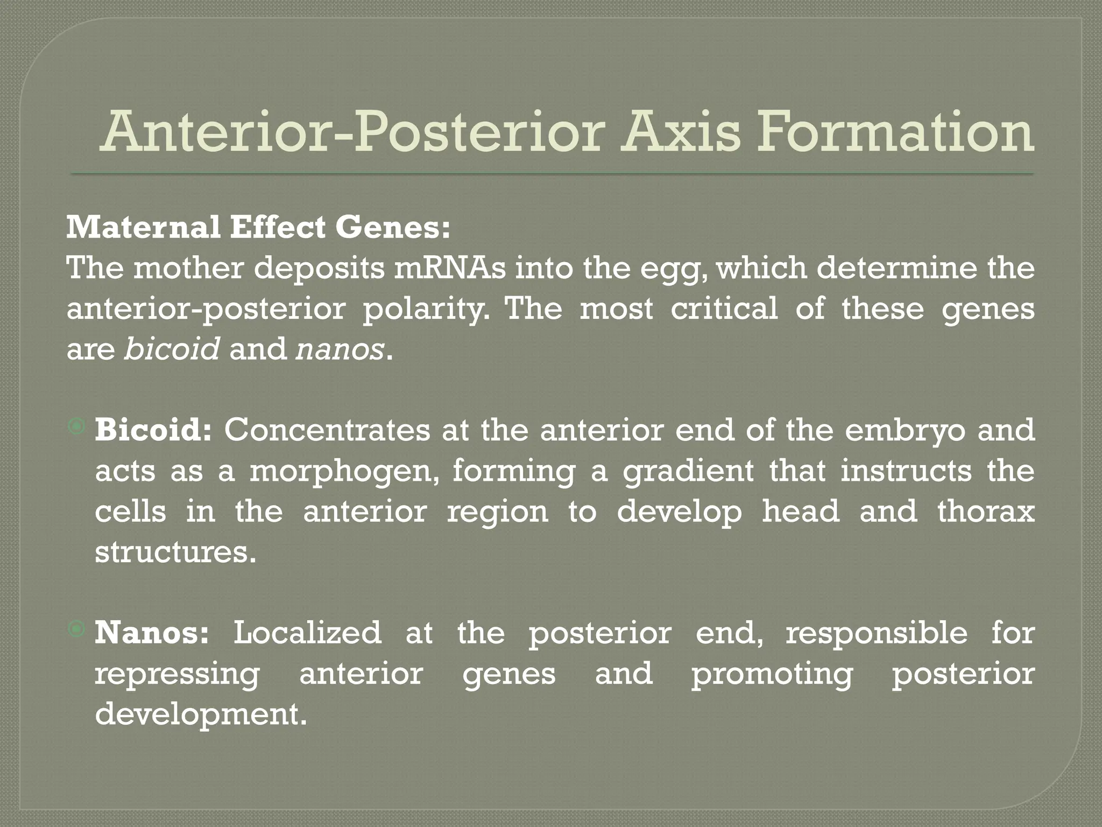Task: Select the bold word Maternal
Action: (x=143, y=228)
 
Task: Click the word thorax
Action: (x=986, y=511)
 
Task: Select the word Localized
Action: (x=307, y=633)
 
